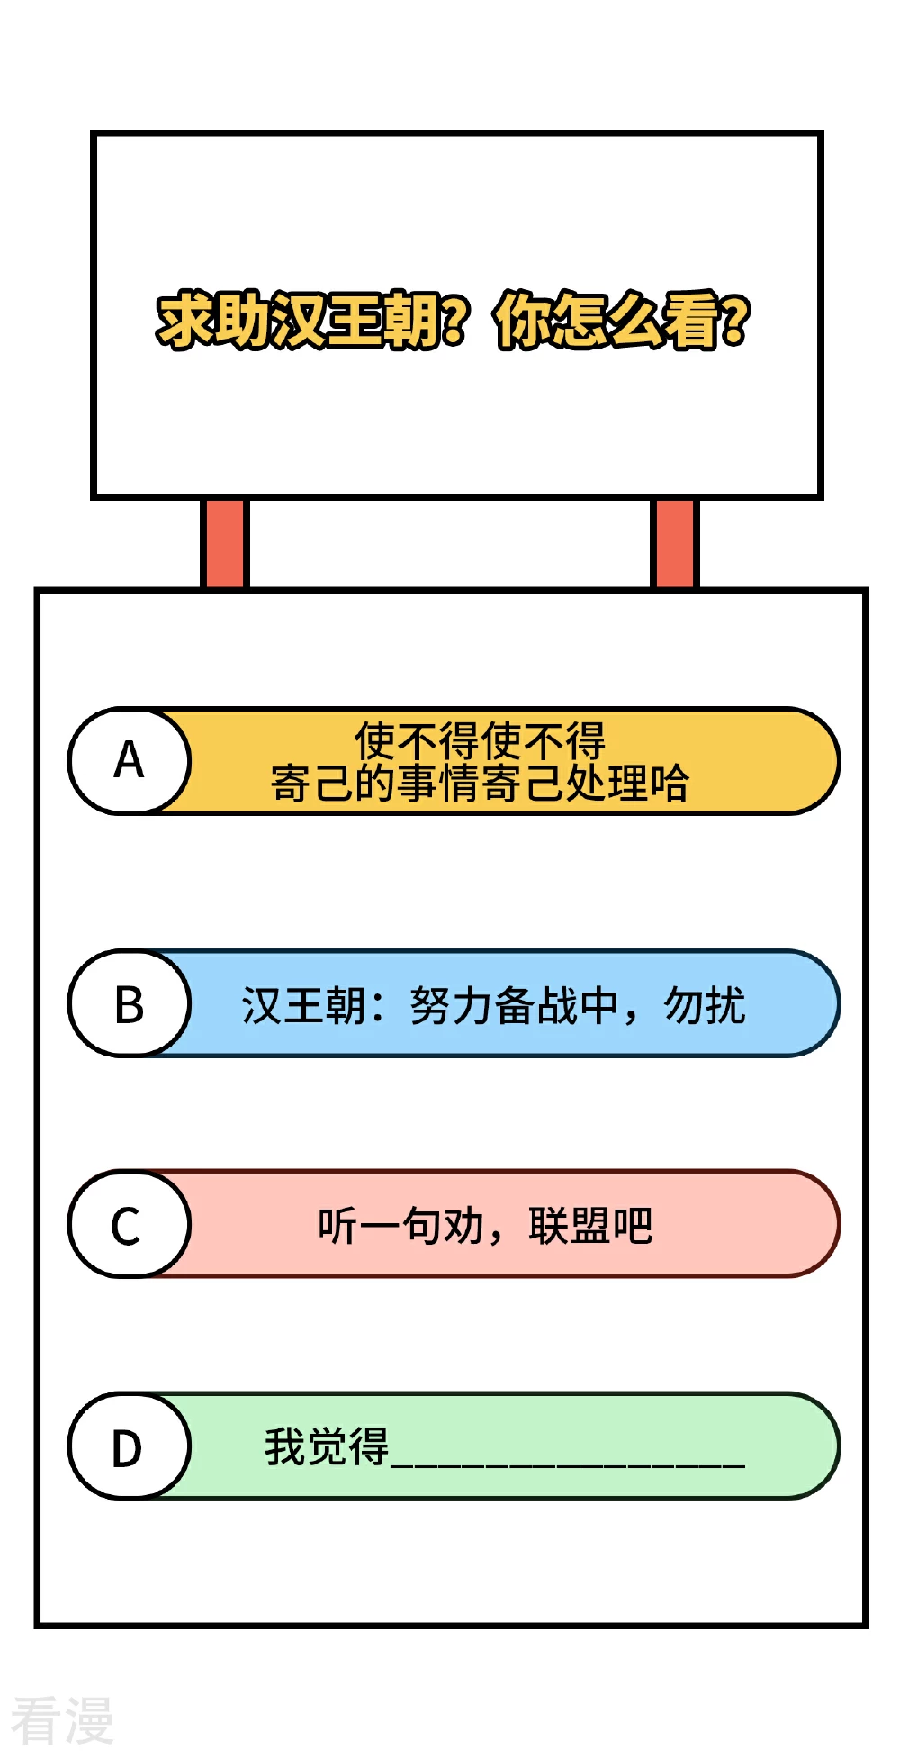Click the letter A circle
pos(130,761)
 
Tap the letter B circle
pos(130,1003)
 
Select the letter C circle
pos(130,1224)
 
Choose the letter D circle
pos(130,1446)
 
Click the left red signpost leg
pos(224,543)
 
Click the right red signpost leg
pos(674,543)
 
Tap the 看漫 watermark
pos(61,1720)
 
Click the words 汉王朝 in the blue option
pos(303,1005)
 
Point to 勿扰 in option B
pos(705,1005)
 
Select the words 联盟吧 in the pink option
pos(590,1226)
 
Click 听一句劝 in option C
pos(401,1226)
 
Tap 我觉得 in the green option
pos(327,1447)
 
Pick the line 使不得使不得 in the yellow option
pos(480,741)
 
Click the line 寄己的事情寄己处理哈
pos(480,783)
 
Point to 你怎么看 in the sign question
pos(607,321)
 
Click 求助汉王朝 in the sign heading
pos(299,321)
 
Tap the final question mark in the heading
pos(735,321)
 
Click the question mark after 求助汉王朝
pos(455,321)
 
